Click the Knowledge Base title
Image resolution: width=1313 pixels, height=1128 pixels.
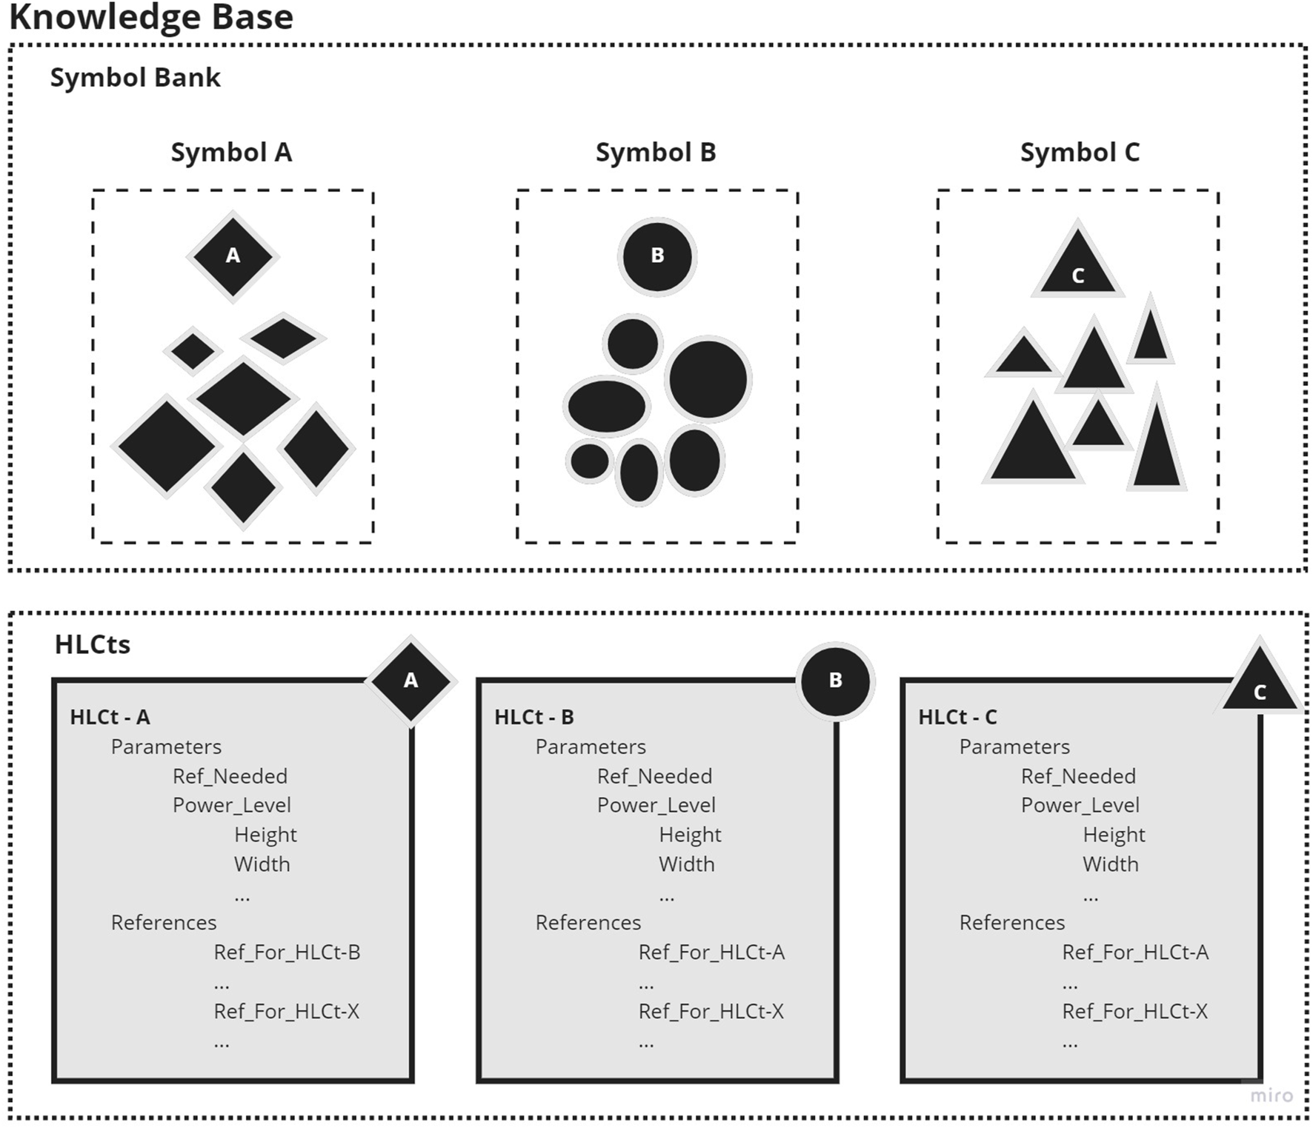point(151,16)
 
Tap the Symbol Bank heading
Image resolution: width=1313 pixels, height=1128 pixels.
point(135,78)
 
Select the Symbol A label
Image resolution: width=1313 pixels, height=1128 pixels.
point(231,153)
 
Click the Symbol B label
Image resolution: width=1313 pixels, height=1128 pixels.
point(656,153)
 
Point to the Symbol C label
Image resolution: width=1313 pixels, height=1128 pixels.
point(1080,153)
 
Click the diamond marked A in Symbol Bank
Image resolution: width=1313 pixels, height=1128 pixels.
point(233,256)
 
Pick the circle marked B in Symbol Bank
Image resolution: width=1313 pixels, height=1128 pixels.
point(657,256)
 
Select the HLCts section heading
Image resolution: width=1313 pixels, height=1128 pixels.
point(93,645)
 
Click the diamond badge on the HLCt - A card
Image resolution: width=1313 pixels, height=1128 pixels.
point(410,681)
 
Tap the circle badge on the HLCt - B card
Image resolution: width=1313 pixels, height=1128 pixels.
point(835,681)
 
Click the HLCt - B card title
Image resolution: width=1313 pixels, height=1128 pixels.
point(534,717)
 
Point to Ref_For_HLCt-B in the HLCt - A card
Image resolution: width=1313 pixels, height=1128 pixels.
point(287,952)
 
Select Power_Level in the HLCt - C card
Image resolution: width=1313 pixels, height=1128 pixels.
point(1080,805)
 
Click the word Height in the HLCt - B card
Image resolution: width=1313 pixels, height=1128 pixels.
point(690,835)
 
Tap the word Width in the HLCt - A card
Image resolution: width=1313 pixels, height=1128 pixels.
point(262,864)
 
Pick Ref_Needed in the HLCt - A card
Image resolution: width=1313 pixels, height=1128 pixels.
point(230,776)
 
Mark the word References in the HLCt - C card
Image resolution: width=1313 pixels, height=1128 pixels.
point(1011,923)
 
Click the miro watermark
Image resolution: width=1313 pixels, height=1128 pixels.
point(1272,1095)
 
